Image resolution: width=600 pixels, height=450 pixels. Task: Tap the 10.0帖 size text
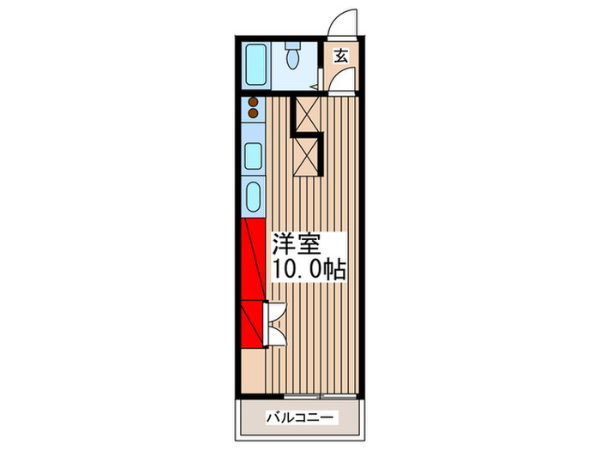[309, 271]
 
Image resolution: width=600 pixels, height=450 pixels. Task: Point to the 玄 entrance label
[340, 57]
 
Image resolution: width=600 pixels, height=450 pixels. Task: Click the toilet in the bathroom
[292, 59]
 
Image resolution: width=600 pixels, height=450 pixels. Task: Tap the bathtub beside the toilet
[256, 63]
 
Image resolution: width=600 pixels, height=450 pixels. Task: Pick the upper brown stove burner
[254, 102]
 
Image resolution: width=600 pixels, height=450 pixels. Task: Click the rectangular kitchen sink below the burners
[254, 156]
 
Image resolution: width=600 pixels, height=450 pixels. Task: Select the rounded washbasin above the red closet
[254, 196]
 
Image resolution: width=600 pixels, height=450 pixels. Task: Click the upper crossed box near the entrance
[306, 114]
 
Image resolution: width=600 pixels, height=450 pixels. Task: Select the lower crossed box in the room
[307, 156]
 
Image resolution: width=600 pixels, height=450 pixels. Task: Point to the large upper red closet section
[253, 258]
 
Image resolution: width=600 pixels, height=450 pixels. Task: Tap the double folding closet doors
[276, 324]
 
